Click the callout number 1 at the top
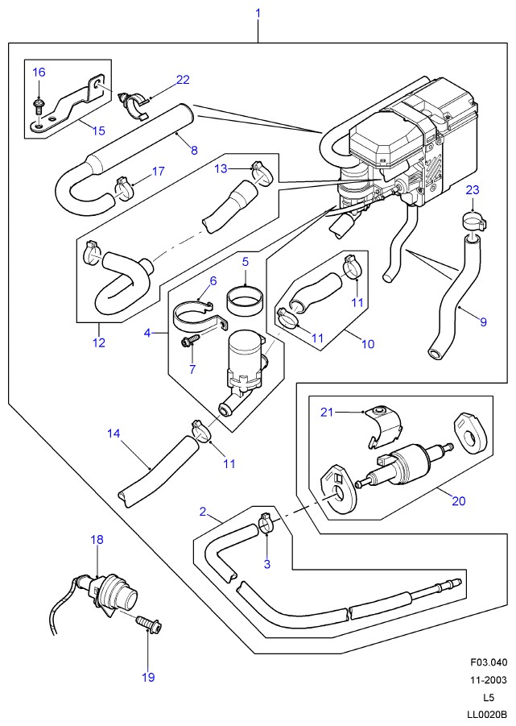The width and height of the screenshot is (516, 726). (x=258, y=13)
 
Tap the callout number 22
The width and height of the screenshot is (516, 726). (x=183, y=80)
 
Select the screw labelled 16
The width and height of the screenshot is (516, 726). (x=39, y=106)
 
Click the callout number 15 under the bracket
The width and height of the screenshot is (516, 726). (x=98, y=131)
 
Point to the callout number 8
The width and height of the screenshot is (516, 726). (x=194, y=150)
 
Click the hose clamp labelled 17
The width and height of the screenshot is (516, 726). (x=123, y=189)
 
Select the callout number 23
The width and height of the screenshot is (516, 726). (x=473, y=190)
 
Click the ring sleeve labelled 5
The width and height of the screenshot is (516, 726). (x=245, y=301)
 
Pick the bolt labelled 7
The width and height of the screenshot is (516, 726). (x=189, y=341)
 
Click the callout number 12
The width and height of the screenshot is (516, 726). (x=99, y=342)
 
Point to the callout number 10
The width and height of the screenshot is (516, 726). (x=368, y=344)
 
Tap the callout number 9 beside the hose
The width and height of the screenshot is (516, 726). (x=483, y=322)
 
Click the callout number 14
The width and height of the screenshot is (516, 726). (x=114, y=434)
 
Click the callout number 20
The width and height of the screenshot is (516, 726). (x=458, y=500)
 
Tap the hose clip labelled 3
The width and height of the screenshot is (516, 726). (x=266, y=523)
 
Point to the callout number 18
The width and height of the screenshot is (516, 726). (x=97, y=539)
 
